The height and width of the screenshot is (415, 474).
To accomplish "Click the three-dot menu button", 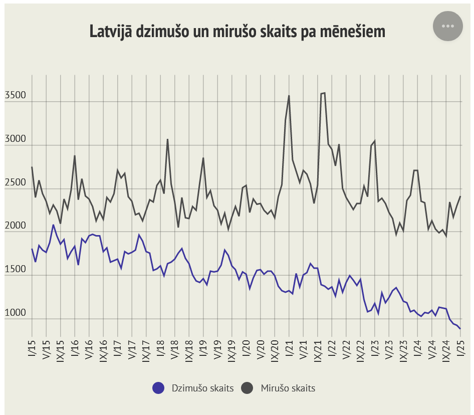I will pos(448,26).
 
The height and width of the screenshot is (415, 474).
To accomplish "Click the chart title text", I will pos(238,32).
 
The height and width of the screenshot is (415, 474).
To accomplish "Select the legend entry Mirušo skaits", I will pos(288,388).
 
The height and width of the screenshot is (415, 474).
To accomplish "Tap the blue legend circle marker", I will pos(158,388).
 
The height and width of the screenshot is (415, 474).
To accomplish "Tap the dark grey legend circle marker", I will pos(248,388).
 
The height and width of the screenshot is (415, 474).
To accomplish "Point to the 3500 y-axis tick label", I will pos(15,96).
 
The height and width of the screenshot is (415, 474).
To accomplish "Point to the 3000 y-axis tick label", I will pos(15,139).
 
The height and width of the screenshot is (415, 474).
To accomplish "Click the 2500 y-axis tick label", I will pos(15,183).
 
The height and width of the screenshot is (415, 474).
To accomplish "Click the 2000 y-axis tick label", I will pos(15,226).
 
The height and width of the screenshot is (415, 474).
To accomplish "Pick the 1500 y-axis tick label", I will pos(15,270).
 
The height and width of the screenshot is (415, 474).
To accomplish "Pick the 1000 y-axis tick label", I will pos(15,313).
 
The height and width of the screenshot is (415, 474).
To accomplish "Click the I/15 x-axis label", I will pos(32,347).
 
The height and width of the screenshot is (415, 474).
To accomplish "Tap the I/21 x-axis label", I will pos(289,347).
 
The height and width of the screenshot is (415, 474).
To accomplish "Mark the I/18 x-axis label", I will pos(160,347).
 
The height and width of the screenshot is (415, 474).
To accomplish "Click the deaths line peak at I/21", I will pos(289,96).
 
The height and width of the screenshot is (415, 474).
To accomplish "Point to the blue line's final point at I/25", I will pos(460,329).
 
